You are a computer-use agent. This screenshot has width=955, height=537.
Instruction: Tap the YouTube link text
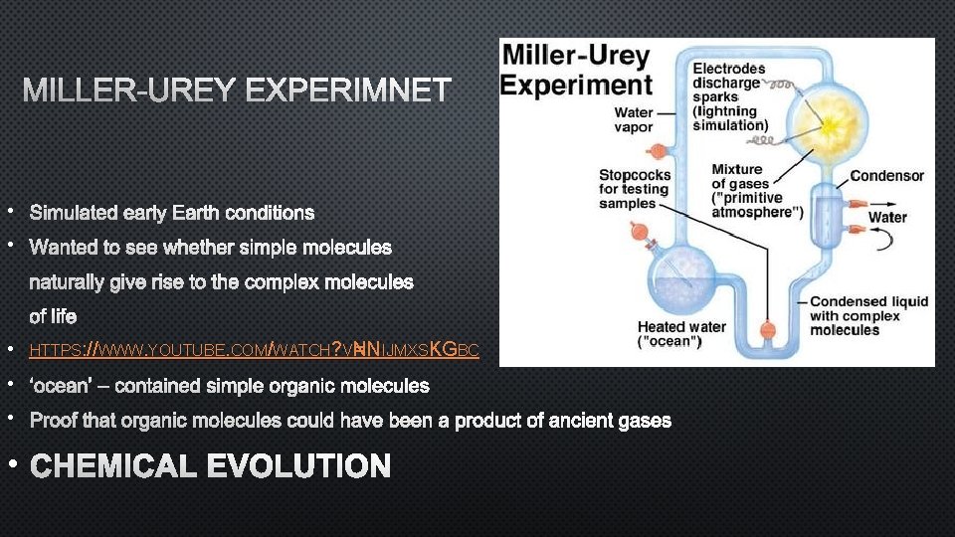coord(254,350)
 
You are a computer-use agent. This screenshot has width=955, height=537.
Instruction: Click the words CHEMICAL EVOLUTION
coord(210,466)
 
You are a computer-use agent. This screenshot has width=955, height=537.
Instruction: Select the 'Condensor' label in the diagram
coord(886,176)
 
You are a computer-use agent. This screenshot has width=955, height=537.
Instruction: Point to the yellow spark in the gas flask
coord(825,126)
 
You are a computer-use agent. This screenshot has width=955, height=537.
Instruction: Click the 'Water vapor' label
coord(634,120)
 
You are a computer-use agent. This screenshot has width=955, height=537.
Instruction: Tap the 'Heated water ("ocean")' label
coord(682,334)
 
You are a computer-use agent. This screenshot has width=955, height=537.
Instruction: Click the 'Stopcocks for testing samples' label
coord(635,189)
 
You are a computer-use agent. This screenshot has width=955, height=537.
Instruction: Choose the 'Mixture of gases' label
coord(757,191)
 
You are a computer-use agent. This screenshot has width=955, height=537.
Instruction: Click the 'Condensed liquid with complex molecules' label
coord(868,315)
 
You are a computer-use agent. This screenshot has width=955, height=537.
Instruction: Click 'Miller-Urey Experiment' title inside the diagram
coord(576,70)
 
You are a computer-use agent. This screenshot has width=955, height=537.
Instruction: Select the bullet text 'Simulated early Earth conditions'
coord(172,213)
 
